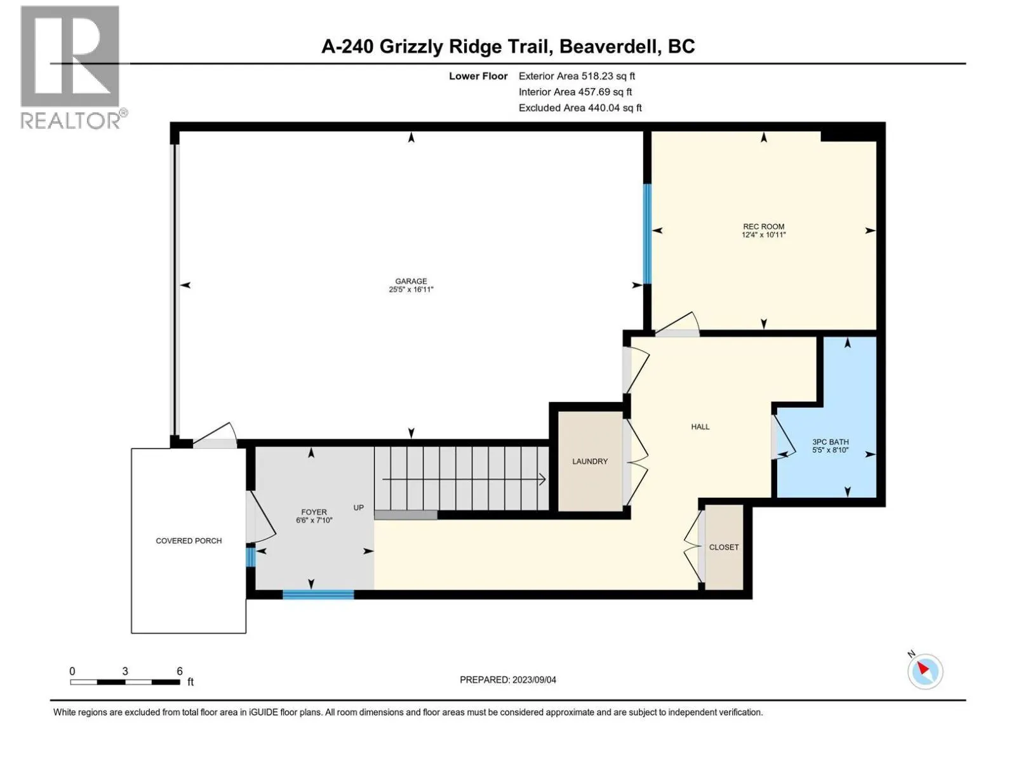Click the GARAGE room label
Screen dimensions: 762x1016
point(411,281)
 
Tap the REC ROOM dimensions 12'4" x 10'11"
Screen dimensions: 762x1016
point(763,235)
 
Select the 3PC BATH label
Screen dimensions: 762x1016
point(830,442)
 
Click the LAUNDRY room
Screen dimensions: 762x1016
point(590,461)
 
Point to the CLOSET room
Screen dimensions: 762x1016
point(724,547)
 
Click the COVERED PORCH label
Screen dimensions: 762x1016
point(189,541)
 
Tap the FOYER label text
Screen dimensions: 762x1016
point(314,512)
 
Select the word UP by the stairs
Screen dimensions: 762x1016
point(359,507)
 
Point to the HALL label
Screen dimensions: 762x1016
point(700,427)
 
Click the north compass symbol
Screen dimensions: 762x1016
point(925,671)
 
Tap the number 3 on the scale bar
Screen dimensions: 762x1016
point(125,671)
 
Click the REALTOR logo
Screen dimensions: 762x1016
point(70,67)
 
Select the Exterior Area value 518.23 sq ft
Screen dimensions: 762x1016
point(608,76)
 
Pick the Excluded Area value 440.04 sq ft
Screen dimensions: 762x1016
point(615,108)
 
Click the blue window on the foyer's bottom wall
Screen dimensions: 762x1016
point(317,594)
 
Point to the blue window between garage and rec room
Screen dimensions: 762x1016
point(647,234)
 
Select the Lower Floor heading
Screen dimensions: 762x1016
point(478,76)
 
